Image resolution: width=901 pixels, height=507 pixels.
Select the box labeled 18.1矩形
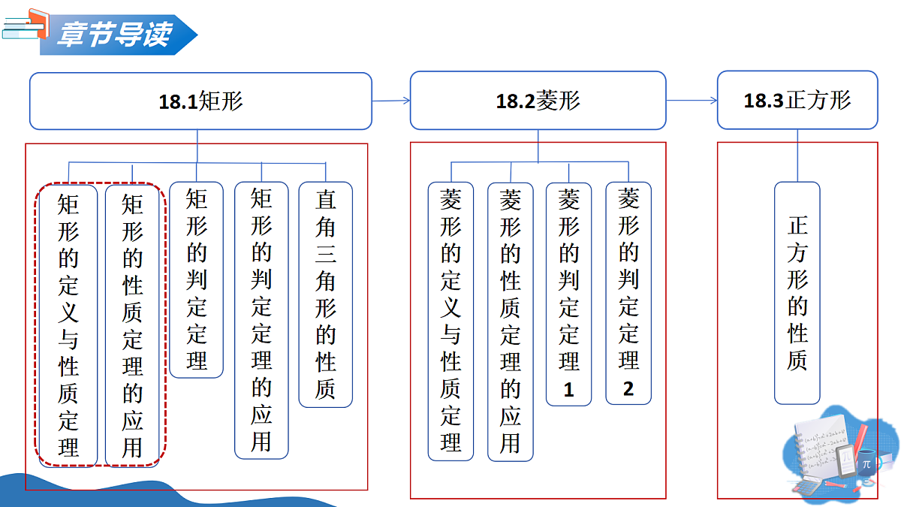[200, 101]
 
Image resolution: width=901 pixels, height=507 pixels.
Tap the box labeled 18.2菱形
[538, 100]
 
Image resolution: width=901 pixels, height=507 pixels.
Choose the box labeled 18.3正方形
[797, 100]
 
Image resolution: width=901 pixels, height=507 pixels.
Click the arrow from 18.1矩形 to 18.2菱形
[391, 101]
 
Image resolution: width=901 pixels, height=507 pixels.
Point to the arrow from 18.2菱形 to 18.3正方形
[692, 100]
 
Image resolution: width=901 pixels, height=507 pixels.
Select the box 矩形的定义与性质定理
[68, 325]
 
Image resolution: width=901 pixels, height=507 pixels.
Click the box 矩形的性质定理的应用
[132, 325]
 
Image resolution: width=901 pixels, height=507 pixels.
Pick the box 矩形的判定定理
[196, 279]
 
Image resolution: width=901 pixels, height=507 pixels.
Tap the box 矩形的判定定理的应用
[261, 320]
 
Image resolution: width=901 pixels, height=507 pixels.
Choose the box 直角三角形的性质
[326, 294]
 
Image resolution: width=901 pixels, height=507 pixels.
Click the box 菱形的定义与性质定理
[451, 321]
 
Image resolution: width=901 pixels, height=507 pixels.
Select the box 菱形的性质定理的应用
[511, 322]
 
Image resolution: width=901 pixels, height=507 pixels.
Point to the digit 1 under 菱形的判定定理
[569, 390]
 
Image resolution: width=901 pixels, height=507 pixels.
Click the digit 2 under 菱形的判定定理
[628, 389]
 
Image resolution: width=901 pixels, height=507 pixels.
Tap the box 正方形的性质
[797, 293]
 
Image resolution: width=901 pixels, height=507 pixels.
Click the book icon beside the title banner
[26, 25]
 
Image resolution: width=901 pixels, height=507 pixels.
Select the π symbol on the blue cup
[866, 465]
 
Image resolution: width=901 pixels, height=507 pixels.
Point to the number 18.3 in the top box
[764, 101]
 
